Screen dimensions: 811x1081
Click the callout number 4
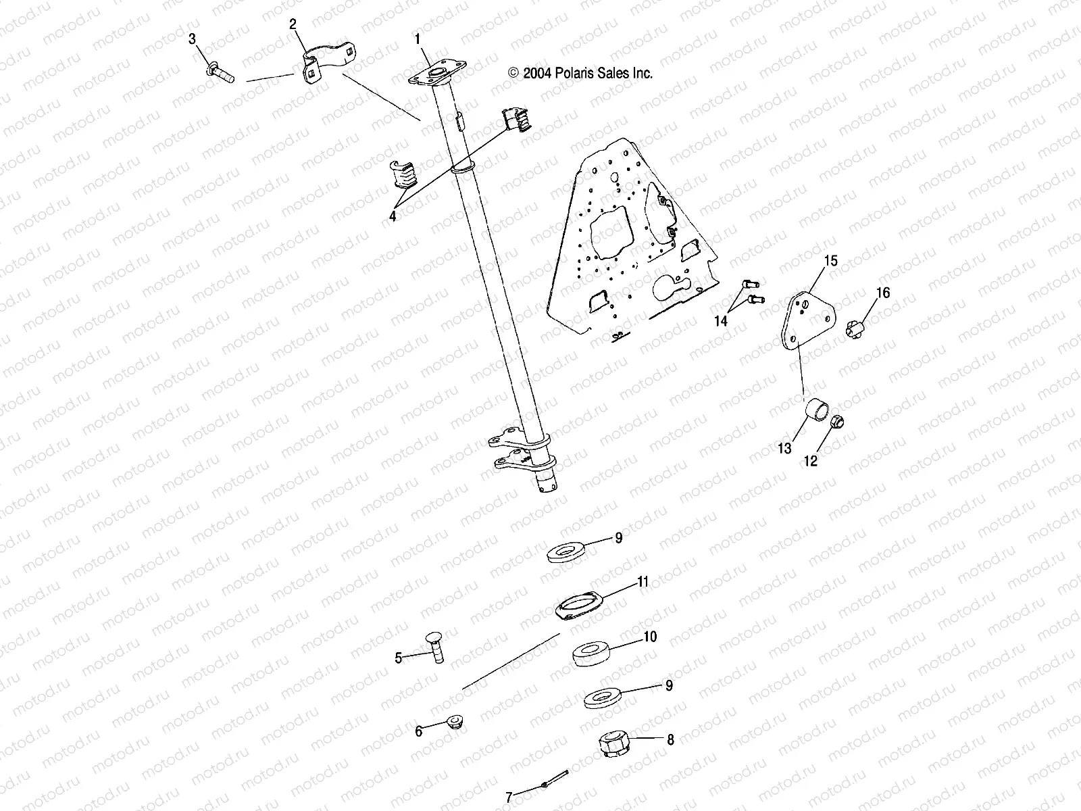pos(392,216)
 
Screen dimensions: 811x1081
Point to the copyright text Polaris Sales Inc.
pos(581,74)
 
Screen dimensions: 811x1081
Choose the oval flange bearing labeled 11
pos(579,601)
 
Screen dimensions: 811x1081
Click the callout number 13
pos(784,448)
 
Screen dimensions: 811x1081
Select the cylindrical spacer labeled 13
pos(815,410)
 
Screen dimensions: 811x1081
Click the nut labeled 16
pos(855,329)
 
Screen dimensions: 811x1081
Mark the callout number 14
pos(721,321)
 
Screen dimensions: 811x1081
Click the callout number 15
pos(830,260)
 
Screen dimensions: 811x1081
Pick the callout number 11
pos(643,581)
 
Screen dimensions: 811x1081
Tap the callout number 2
pos(293,24)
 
